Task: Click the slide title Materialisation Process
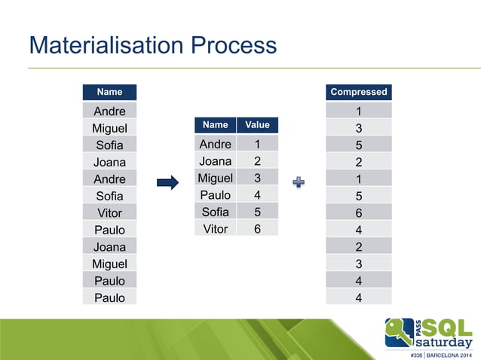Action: click(152, 46)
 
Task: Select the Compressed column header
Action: click(359, 92)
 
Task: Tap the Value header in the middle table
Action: click(257, 124)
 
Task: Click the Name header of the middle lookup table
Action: click(215, 124)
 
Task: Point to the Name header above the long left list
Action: click(109, 92)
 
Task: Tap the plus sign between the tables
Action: click(300, 182)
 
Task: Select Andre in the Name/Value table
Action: click(215, 143)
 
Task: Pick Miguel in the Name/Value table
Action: click(215, 178)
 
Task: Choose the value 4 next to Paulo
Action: click(257, 195)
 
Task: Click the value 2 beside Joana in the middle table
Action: click(257, 160)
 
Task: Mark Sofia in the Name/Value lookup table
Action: click(215, 212)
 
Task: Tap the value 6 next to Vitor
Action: click(257, 229)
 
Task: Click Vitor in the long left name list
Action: click(109, 213)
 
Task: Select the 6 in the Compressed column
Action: click(359, 213)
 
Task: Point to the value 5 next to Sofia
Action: click(257, 212)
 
